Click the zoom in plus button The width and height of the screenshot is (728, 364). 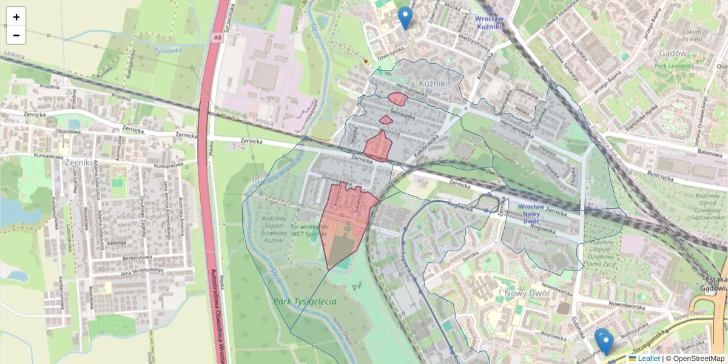pos(16,16)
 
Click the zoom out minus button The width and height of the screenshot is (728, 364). pos(16,35)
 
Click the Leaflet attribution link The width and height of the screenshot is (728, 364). pos(648,359)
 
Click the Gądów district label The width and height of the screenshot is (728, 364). pos(673,53)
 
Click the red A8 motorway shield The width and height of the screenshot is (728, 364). pos(217,38)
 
